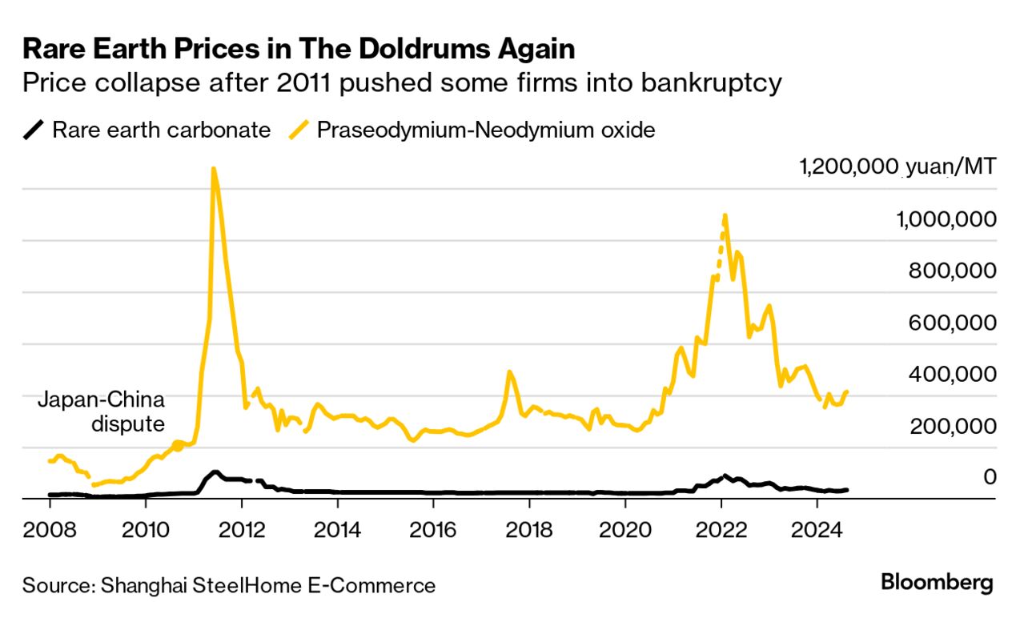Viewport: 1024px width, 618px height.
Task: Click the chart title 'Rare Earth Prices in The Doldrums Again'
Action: tap(299, 49)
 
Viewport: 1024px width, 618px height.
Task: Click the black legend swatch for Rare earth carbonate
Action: tap(34, 129)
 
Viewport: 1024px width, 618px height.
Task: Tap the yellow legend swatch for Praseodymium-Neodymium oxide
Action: tap(299, 129)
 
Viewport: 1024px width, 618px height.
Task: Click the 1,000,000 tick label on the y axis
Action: tap(942, 219)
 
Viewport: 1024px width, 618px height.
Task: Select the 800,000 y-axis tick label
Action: tap(952, 271)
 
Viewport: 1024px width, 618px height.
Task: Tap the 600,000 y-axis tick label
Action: tap(952, 323)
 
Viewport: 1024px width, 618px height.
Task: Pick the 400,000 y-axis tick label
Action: tap(952, 374)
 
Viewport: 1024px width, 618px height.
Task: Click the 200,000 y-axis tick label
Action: tap(952, 426)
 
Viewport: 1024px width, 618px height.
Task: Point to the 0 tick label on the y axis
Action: tap(990, 477)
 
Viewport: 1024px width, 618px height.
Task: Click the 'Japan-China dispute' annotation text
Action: tap(101, 411)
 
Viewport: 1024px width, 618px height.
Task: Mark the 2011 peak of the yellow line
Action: tap(213, 169)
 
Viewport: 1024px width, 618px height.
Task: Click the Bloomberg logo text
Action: tap(937, 583)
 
